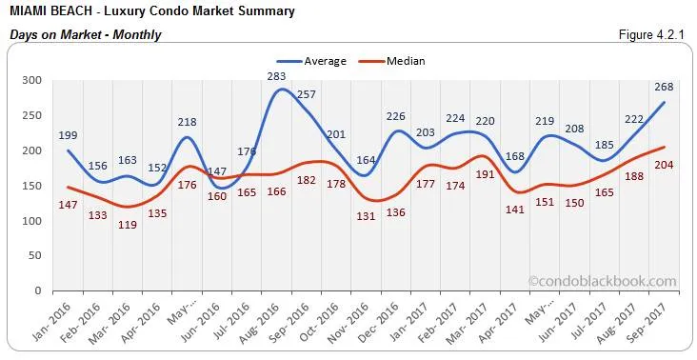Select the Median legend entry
click(x=406, y=61)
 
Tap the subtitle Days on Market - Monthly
click(x=85, y=35)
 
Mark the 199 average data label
click(x=68, y=135)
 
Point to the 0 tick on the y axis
click(x=39, y=291)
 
